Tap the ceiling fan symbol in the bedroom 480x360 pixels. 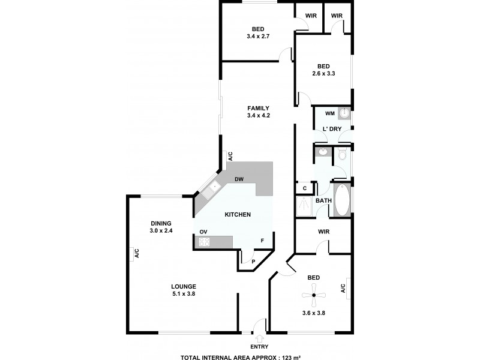coord(313,295)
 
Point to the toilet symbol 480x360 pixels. coord(342,155)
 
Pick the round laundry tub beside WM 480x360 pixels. coord(344,113)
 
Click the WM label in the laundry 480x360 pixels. coord(329,113)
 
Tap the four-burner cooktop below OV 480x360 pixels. coord(204,242)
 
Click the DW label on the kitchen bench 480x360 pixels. coord(239,179)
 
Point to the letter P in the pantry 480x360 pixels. coord(254,261)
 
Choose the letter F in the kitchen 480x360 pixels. coord(262,241)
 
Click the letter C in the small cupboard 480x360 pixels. coord(305,188)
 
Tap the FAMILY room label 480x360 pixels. coord(258,108)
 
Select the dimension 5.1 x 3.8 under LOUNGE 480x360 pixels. coord(184,294)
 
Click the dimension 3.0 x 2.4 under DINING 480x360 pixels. coord(161,230)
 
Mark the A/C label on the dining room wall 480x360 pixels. coord(137,254)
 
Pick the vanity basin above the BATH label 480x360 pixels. coord(322,152)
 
